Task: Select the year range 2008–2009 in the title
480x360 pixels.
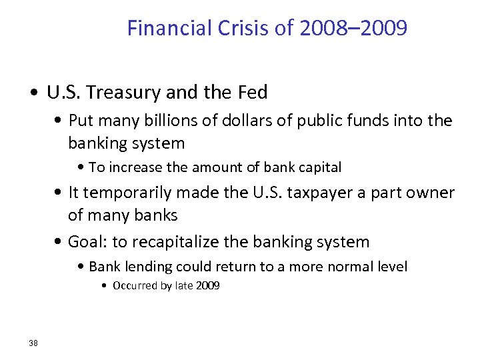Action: [x=354, y=29]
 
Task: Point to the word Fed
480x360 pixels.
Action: [x=253, y=93]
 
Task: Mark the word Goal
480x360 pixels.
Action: [x=85, y=241]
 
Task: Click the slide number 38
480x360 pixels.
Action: [x=33, y=343]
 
